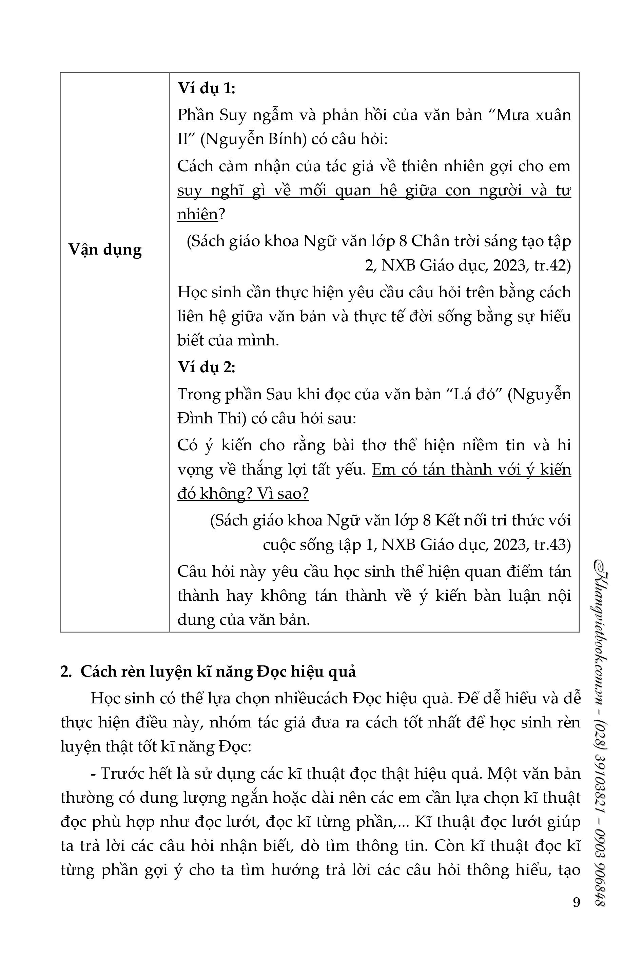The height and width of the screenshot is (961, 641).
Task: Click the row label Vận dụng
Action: (x=105, y=249)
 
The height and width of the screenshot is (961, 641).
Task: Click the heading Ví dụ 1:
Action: (x=206, y=88)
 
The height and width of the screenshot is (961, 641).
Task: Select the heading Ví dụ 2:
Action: (x=206, y=368)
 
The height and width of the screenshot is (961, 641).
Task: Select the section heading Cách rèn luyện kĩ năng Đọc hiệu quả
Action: (x=218, y=672)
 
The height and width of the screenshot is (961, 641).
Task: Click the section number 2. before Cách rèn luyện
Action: (x=66, y=672)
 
